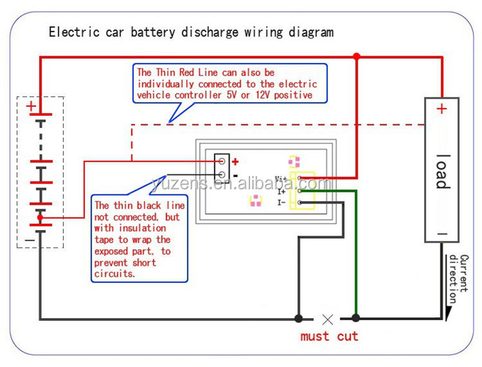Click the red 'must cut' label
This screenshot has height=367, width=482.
point(329,336)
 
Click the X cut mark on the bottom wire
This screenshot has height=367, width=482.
point(327,319)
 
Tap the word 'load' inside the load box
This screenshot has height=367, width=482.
point(441,171)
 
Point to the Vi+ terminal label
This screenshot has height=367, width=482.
point(281,179)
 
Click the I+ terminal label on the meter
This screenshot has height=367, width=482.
point(282,191)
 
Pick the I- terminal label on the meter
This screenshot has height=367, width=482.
point(282,203)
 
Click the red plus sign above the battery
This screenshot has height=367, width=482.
point(31,106)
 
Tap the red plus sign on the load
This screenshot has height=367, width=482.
point(441,109)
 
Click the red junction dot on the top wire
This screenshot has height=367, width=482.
point(356,57)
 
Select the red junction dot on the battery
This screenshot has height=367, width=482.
point(40,218)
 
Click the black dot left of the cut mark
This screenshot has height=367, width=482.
point(299,319)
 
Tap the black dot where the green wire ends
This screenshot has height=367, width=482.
point(356,319)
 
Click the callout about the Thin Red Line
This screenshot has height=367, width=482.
point(225,83)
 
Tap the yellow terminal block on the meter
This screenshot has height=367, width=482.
point(305,189)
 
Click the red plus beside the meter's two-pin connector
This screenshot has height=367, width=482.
point(235,161)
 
